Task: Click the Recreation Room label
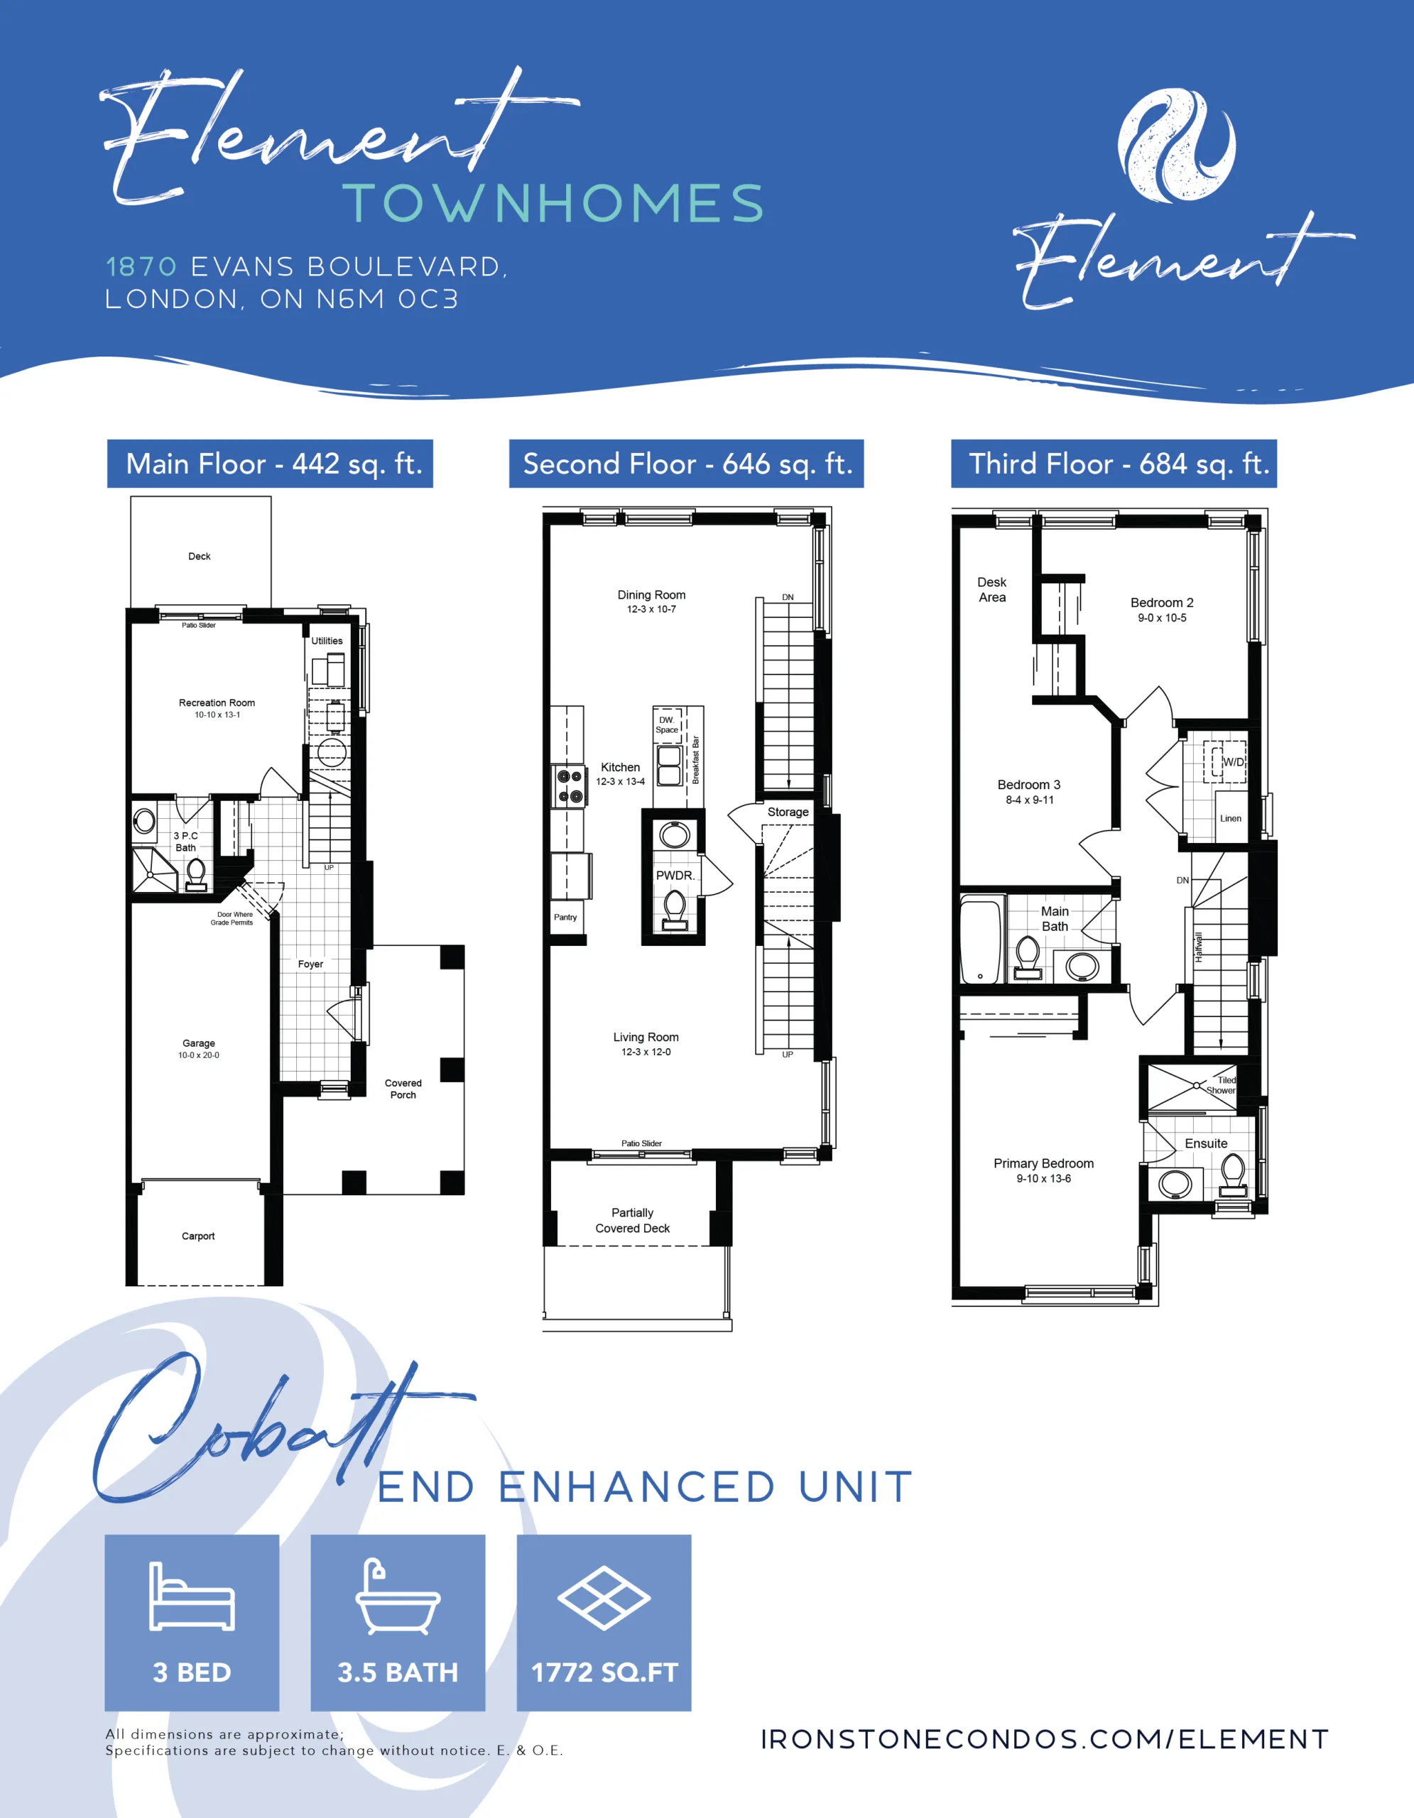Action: pos(217,702)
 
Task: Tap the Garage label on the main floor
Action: pos(199,1043)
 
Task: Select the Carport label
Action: pos(198,1236)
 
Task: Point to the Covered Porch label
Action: pos(403,1089)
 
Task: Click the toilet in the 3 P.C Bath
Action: pos(197,874)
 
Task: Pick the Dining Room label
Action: pos(652,595)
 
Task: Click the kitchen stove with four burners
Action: pos(570,787)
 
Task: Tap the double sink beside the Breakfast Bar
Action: pos(670,766)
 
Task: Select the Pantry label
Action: pos(565,918)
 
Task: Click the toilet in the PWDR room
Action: pos(675,910)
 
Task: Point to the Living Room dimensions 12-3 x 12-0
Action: pos(646,1052)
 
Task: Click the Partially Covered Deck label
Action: pos(633,1220)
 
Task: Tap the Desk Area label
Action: pos(992,589)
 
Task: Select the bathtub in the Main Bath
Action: pos(981,941)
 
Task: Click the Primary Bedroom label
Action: pos(1044,1164)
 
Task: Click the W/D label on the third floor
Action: pos(1233,763)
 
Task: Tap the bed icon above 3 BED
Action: pos(192,1596)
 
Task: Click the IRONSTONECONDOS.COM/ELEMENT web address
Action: pos(1045,1740)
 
